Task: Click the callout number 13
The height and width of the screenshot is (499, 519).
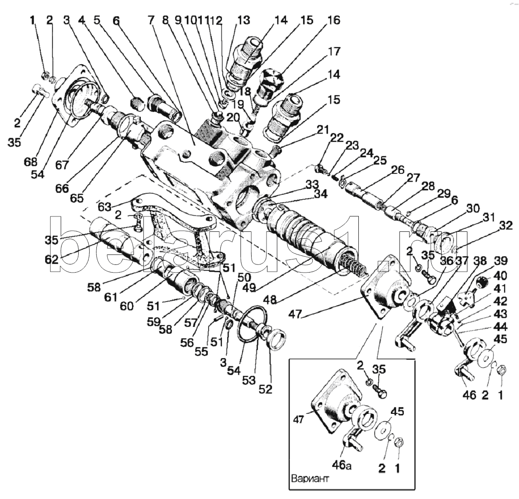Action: coord(243,20)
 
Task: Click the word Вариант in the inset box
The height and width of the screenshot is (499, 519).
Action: coord(310,479)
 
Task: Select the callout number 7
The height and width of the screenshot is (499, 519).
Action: coord(151,20)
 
